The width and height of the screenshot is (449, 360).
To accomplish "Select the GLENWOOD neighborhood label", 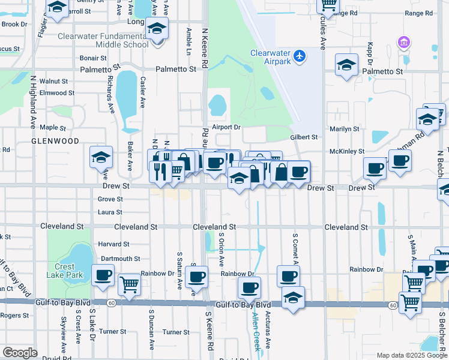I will (x=56, y=141).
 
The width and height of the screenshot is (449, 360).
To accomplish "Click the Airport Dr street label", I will (x=226, y=127).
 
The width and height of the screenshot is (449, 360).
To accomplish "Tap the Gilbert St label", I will (x=304, y=137).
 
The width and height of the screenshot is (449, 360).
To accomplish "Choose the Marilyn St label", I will (x=344, y=129).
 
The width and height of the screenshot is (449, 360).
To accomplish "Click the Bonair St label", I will (x=93, y=58).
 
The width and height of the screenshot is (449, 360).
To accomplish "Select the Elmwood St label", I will (x=57, y=93).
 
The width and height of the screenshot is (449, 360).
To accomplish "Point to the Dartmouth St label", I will (x=120, y=259).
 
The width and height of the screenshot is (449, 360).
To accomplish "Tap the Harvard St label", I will (x=113, y=244).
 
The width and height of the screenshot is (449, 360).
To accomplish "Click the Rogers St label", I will (x=11, y=316).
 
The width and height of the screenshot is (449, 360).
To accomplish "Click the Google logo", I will (x=20, y=353).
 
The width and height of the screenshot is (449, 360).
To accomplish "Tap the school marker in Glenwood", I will (x=101, y=157).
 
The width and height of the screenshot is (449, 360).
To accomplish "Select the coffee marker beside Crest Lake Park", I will (x=103, y=275).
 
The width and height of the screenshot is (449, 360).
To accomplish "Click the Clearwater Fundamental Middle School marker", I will (x=157, y=29).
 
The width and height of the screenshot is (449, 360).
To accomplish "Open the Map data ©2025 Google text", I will (x=412, y=355).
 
